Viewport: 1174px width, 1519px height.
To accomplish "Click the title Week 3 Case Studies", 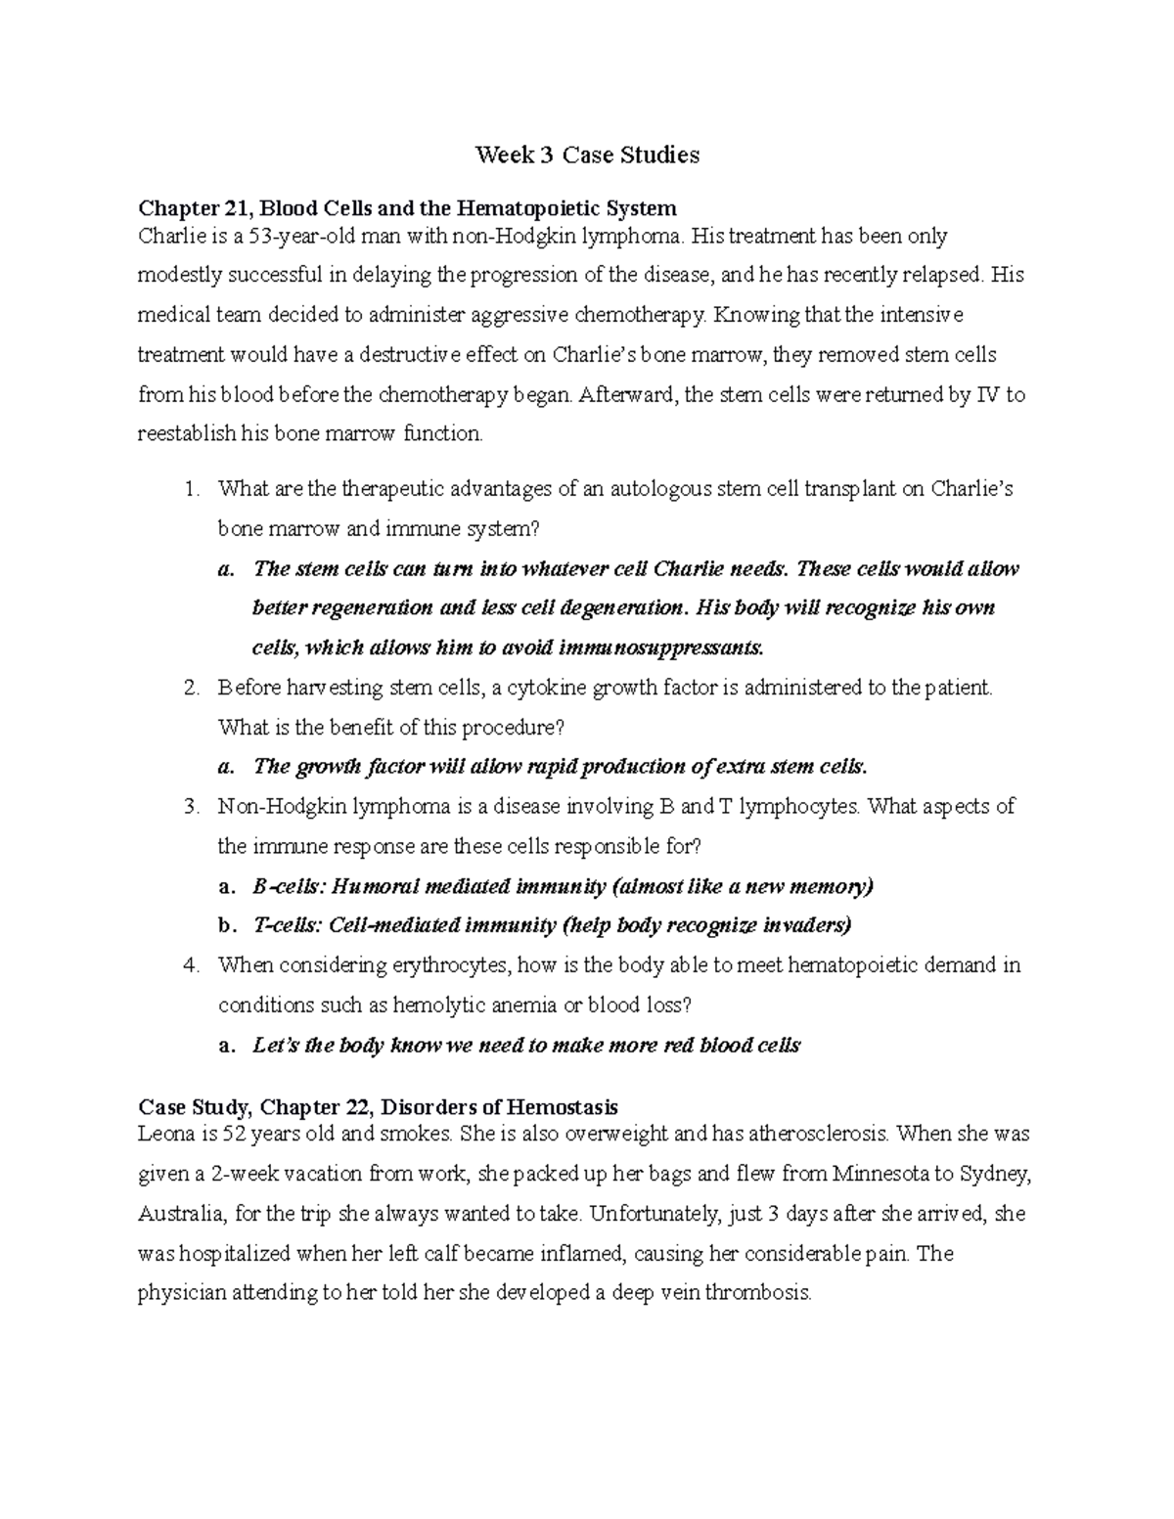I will tap(587, 156).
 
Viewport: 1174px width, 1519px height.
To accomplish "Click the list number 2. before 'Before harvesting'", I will tap(192, 688).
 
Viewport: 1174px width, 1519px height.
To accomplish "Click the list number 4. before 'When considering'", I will tap(192, 966).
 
